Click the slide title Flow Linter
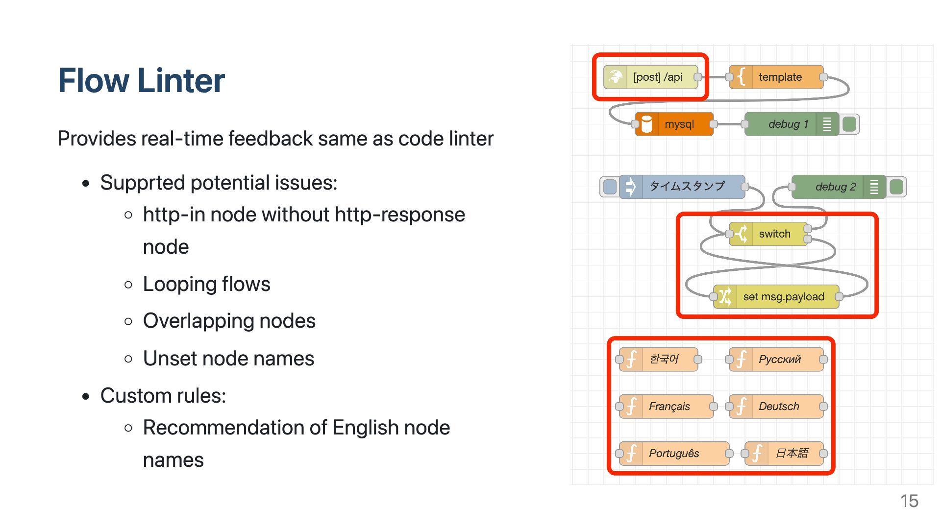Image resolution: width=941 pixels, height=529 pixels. coord(141,80)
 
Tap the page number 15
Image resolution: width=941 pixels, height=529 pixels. coord(909,501)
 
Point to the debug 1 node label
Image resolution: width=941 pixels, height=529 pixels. coord(788,124)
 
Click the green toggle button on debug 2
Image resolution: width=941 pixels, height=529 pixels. coord(896,187)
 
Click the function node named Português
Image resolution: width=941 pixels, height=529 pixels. coord(674,454)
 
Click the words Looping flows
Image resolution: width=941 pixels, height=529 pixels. coord(206,284)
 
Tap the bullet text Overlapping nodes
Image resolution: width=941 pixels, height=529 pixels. coord(229,321)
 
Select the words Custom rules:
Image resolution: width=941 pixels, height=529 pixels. coord(163,396)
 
